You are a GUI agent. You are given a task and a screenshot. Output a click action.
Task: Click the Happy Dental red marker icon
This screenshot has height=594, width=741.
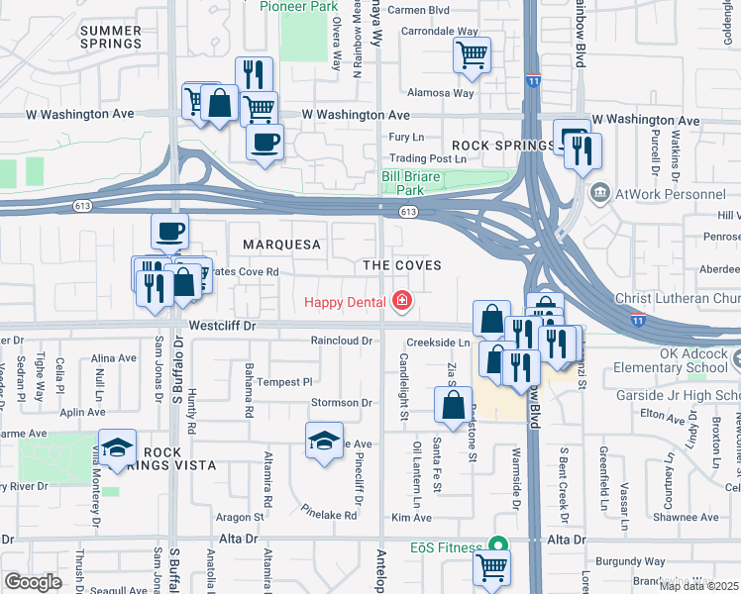[402, 300]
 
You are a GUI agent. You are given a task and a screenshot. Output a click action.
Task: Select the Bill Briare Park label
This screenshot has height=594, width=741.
[416, 183]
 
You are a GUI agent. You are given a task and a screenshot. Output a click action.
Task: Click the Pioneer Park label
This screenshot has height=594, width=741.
[298, 6]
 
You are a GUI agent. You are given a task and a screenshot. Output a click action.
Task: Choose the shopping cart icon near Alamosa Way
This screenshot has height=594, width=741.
[473, 55]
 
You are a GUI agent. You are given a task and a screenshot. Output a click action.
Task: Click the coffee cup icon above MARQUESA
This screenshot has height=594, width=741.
[169, 232]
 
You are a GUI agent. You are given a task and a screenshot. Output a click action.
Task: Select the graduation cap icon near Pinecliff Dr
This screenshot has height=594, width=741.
[324, 441]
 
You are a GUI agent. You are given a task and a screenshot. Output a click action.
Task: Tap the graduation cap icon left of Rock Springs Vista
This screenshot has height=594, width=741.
[117, 447]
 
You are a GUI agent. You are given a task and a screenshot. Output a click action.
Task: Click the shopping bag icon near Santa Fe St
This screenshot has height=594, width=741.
[453, 406]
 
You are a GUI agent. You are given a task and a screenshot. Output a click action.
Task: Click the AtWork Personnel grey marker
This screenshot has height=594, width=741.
[598, 192]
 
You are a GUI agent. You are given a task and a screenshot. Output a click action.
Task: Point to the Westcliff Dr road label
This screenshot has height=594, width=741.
[223, 324]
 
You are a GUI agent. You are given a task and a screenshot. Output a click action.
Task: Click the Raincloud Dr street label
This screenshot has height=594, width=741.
[340, 341]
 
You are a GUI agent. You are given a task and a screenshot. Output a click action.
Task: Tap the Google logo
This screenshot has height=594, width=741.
[33, 581]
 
